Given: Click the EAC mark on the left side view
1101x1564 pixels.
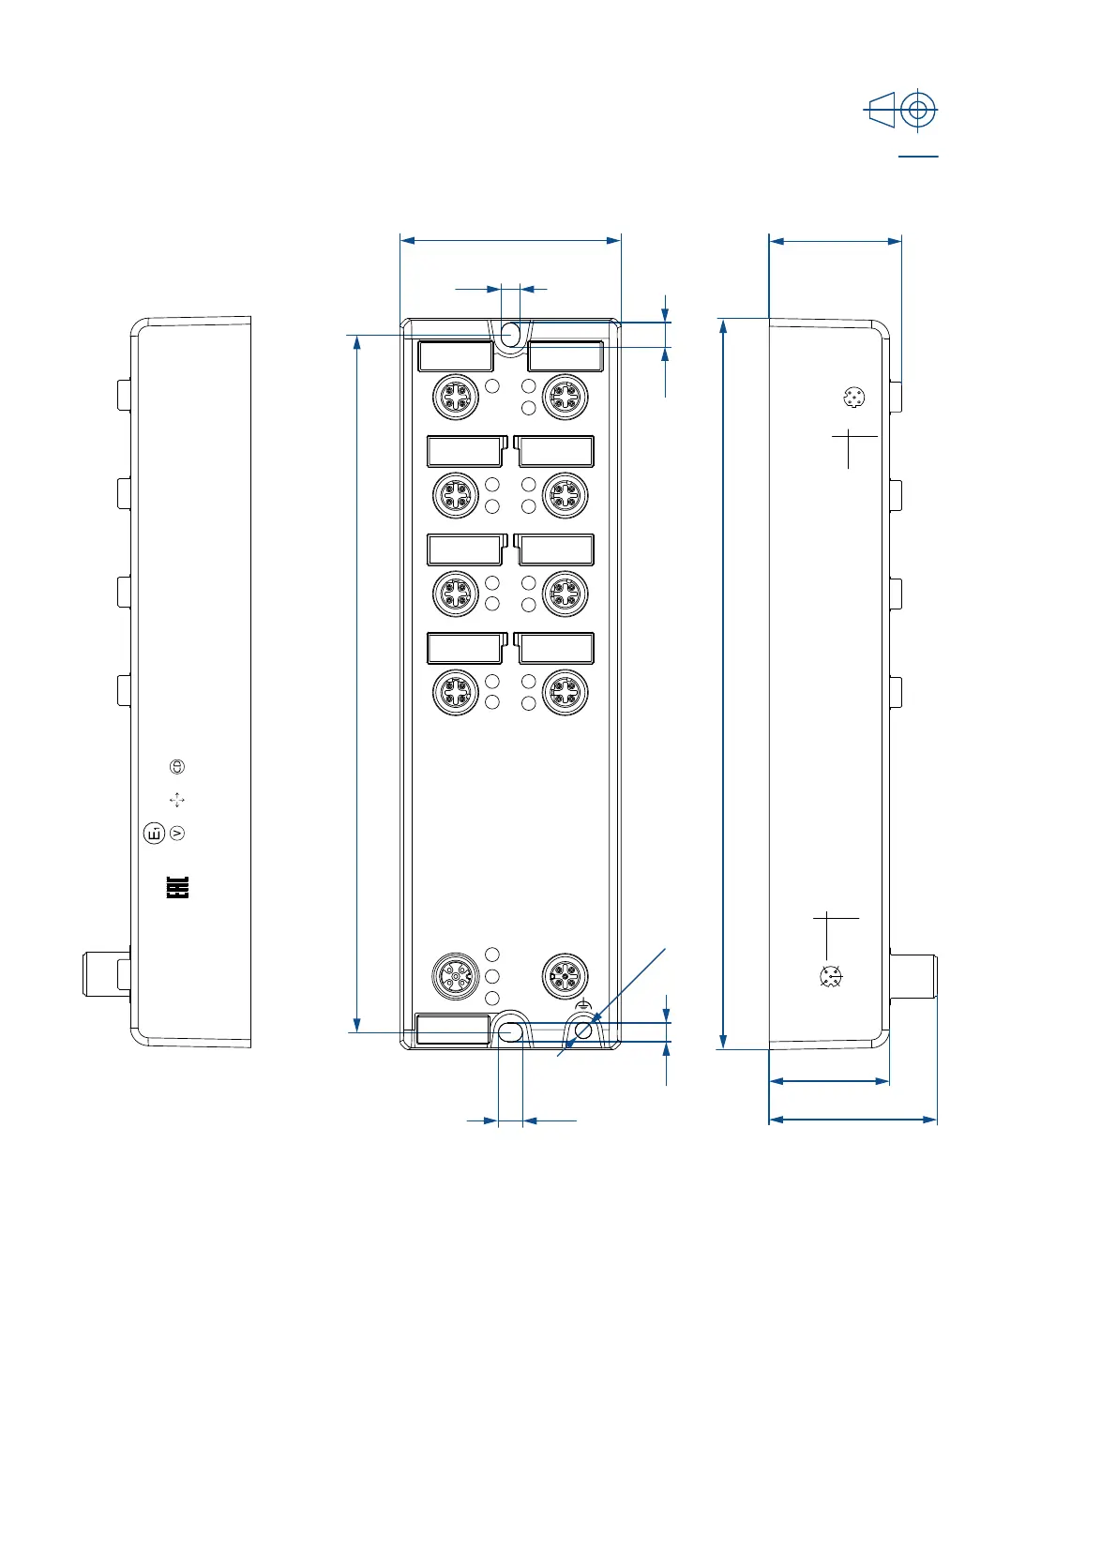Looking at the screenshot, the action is pyautogui.click(x=178, y=887).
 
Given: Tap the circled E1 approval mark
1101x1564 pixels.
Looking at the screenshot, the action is pyautogui.click(x=155, y=832).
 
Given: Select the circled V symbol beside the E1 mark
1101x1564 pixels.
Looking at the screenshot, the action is pyautogui.click(x=177, y=833).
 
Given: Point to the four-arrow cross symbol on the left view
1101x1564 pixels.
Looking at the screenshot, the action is pyautogui.click(x=177, y=800).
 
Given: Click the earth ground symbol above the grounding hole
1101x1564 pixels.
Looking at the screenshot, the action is pyautogui.click(x=584, y=1005).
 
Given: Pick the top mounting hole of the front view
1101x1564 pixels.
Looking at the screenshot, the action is pyautogui.click(x=511, y=335).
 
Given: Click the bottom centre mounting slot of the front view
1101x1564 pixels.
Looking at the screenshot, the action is pyautogui.click(x=510, y=1032).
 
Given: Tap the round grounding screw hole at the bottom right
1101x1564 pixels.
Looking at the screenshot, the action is pyautogui.click(x=583, y=1031).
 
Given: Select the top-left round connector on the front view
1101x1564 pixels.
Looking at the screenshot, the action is pyautogui.click(x=456, y=397).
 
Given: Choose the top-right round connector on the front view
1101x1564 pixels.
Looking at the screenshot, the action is pyautogui.click(x=566, y=397).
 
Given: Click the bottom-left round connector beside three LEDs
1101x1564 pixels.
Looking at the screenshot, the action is pyautogui.click(x=456, y=977).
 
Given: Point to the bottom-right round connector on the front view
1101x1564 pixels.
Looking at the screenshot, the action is pyautogui.click(x=566, y=975).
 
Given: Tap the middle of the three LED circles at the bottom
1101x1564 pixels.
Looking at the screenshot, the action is pyautogui.click(x=492, y=977).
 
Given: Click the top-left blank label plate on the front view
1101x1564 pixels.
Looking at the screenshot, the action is pyautogui.click(x=456, y=356).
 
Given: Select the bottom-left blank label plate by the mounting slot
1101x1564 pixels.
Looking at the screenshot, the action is pyautogui.click(x=453, y=1030).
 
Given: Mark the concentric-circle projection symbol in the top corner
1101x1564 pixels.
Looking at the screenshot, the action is pyautogui.click(x=918, y=111).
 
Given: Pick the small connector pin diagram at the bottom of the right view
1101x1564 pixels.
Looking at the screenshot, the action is pyautogui.click(x=830, y=977).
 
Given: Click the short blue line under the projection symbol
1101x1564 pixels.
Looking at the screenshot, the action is pyautogui.click(x=918, y=157).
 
